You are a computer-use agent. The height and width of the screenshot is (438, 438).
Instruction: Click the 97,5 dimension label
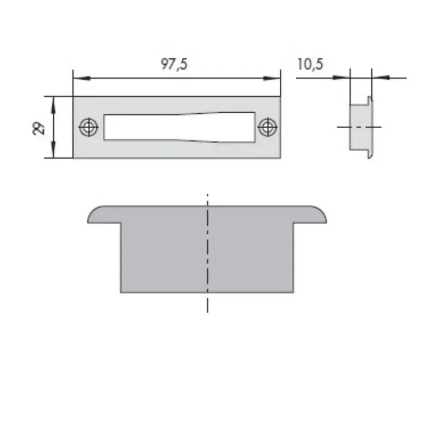174,64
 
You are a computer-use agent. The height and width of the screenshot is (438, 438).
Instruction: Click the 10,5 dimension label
310,64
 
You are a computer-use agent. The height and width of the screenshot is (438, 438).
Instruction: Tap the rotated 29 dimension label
39,128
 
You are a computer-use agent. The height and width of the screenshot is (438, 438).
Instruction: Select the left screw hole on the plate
89,128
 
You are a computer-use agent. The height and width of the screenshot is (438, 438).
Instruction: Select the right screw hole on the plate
268,127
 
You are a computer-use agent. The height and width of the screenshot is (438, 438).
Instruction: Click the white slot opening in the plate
180,127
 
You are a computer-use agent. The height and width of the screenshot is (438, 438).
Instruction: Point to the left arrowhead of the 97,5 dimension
82,78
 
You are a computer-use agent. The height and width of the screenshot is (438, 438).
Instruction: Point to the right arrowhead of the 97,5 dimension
272,78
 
